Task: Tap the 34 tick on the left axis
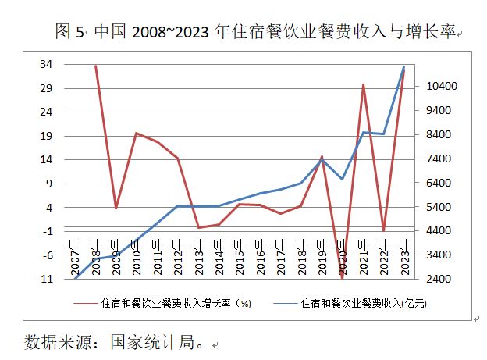tap(46, 64)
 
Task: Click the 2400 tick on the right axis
tap(430, 279)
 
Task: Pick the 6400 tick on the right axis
tap(430, 183)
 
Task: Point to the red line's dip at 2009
tap(116, 208)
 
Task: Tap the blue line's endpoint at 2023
tap(403, 67)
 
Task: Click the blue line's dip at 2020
tap(342, 179)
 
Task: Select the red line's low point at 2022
tap(383, 231)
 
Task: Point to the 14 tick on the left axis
tap(46, 159)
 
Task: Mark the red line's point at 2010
tap(137, 134)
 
